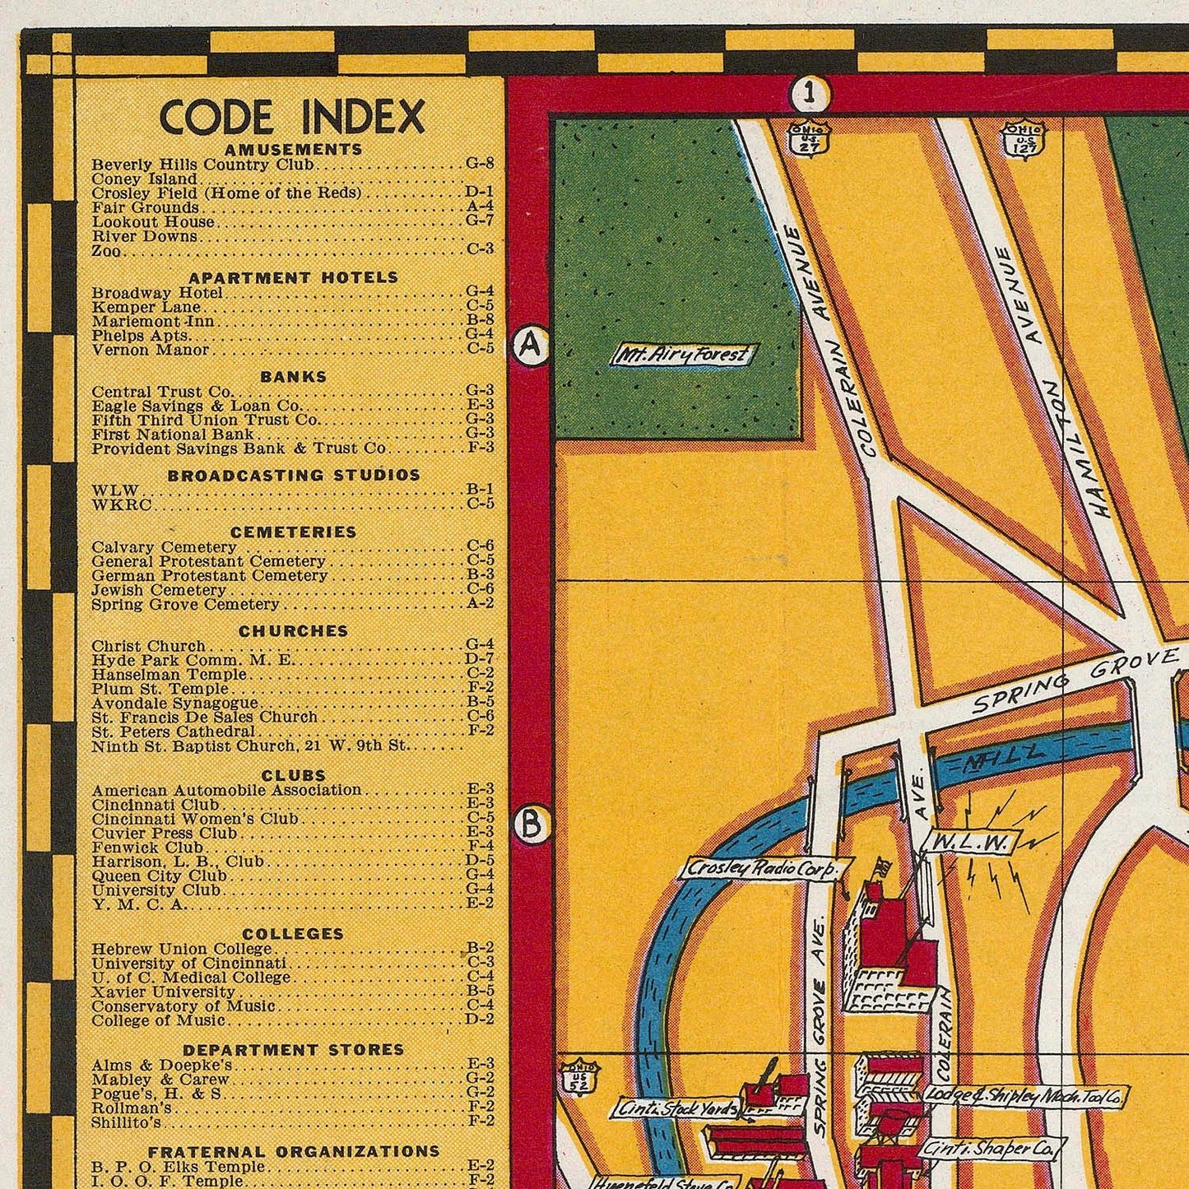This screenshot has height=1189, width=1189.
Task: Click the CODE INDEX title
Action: pos(292,117)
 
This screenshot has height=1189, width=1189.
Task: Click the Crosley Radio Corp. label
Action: pos(760,869)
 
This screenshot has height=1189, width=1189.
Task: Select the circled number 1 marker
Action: pos(810,94)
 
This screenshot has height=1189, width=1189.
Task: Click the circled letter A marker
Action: pos(531,346)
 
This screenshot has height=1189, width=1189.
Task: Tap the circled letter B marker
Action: pos(531,824)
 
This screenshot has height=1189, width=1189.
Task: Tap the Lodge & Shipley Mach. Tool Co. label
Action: pos(1024,1095)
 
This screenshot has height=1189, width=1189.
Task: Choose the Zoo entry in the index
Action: pos(108,251)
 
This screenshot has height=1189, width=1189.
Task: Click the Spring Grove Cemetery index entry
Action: pos(186,604)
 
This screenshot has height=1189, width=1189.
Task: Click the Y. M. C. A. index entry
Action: pos(140,904)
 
